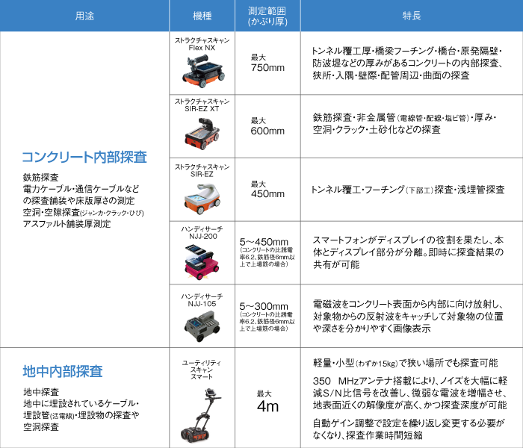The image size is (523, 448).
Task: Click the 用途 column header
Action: [84, 16]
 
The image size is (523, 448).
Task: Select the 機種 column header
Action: [201, 16]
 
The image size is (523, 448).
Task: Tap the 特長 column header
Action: [410, 16]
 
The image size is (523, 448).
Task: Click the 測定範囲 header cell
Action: [267, 16]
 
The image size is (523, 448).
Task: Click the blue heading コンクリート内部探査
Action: [84, 158]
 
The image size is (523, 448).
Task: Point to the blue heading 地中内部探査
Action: [63, 371]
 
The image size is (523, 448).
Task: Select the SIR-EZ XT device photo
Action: [202, 136]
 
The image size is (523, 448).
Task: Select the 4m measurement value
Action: [267, 407]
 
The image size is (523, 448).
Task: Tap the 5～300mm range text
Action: [264, 306]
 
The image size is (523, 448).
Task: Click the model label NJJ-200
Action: [202, 234]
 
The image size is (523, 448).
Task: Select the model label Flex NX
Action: [202, 47]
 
